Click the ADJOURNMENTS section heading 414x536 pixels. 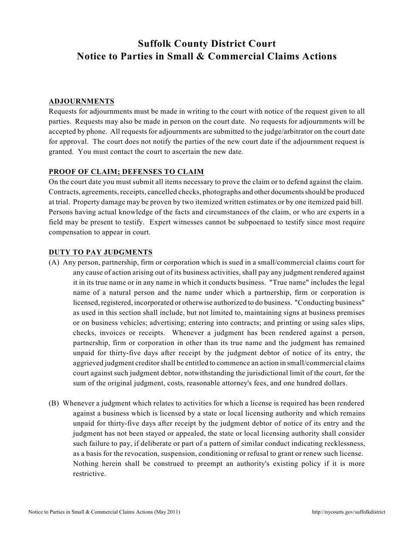(x=81, y=102)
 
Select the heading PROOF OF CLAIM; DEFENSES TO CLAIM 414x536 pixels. (x=126, y=172)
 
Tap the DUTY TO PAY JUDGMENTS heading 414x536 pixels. (x=101, y=252)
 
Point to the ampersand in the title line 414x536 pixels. (x=194, y=56)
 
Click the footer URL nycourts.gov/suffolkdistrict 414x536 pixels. (x=349, y=512)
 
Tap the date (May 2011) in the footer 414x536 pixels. (x=167, y=512)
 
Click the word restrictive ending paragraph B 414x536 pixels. (x=89, y=474)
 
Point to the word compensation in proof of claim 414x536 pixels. (x=69, y=232)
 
